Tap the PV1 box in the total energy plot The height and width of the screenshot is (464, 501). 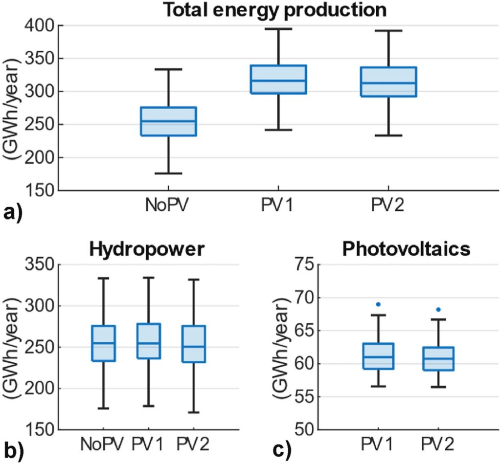(x=278, y=79)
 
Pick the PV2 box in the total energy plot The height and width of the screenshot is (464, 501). (x=388, y=82)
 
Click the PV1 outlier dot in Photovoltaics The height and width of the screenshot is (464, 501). (x=378, y=304)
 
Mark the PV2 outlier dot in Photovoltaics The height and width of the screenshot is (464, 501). (x=438, y=309)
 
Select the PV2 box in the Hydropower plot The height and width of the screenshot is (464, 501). (x=195, y=344)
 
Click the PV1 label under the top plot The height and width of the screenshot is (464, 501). (x=278, y=206)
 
